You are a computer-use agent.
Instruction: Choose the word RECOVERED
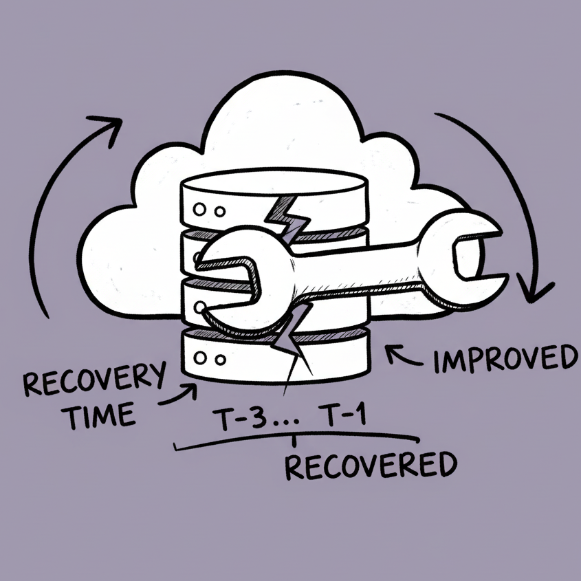pos(370,466)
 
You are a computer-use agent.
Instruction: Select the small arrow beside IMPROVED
pos(399,355)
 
